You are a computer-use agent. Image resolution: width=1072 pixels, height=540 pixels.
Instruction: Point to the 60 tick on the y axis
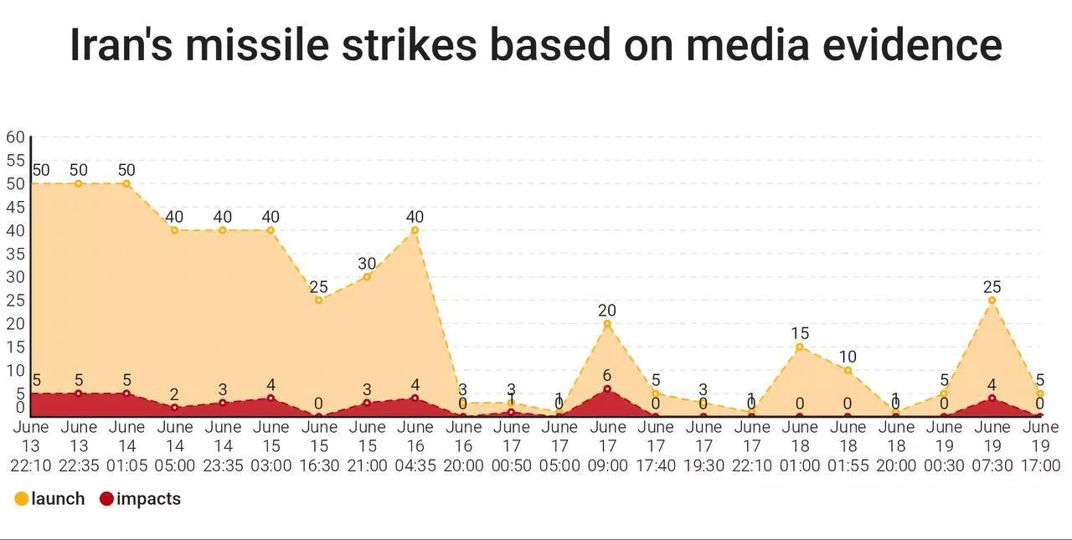(15, 137)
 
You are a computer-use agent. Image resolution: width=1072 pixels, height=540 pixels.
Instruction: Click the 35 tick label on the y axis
(15, 254)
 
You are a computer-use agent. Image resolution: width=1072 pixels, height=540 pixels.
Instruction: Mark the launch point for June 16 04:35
(415, 230)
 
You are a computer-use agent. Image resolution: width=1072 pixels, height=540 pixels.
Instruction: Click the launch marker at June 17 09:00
(607, 323)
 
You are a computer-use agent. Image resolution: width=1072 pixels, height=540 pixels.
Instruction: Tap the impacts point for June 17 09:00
(607, 388)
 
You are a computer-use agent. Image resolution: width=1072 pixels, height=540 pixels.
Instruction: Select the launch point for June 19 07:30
(992, 300)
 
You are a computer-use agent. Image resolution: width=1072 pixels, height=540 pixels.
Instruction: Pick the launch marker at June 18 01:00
(800, 347)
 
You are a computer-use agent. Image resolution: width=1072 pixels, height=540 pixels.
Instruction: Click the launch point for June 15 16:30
(318, 300)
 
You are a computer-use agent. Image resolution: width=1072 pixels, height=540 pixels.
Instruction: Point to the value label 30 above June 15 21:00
(367, 264)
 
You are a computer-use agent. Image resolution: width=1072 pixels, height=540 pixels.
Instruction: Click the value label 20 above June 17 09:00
(607, 311)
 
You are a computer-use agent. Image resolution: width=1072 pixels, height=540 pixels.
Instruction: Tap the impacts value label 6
(607, 376)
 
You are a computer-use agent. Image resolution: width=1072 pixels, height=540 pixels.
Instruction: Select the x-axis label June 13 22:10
(30, 446)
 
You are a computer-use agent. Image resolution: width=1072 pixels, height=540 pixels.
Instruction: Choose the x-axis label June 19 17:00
(1040, 446)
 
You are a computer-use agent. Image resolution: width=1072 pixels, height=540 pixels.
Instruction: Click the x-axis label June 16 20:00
(463, 446)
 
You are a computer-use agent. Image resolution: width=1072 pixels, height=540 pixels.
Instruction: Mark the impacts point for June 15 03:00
(271, 398)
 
